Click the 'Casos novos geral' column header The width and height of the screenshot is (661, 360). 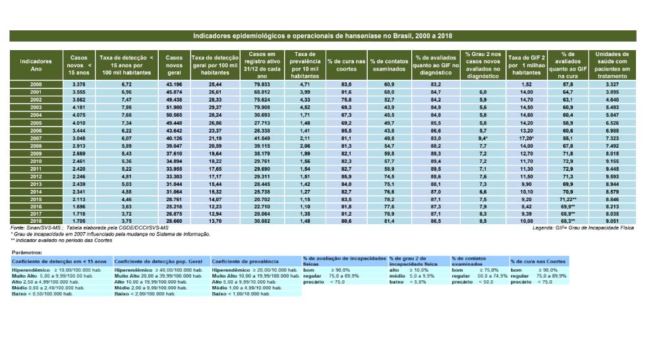click(175, 65)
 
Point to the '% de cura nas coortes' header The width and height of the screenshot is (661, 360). click(347, 65)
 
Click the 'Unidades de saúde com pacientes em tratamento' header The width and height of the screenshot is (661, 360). click(612, 65)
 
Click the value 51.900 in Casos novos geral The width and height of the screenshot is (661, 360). click(175, 107)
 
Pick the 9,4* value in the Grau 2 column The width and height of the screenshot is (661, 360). click(483, 138)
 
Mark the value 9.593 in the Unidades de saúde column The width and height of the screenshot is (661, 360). click(612, 176)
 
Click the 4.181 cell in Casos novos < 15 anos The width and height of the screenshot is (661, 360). click(79, 107)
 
